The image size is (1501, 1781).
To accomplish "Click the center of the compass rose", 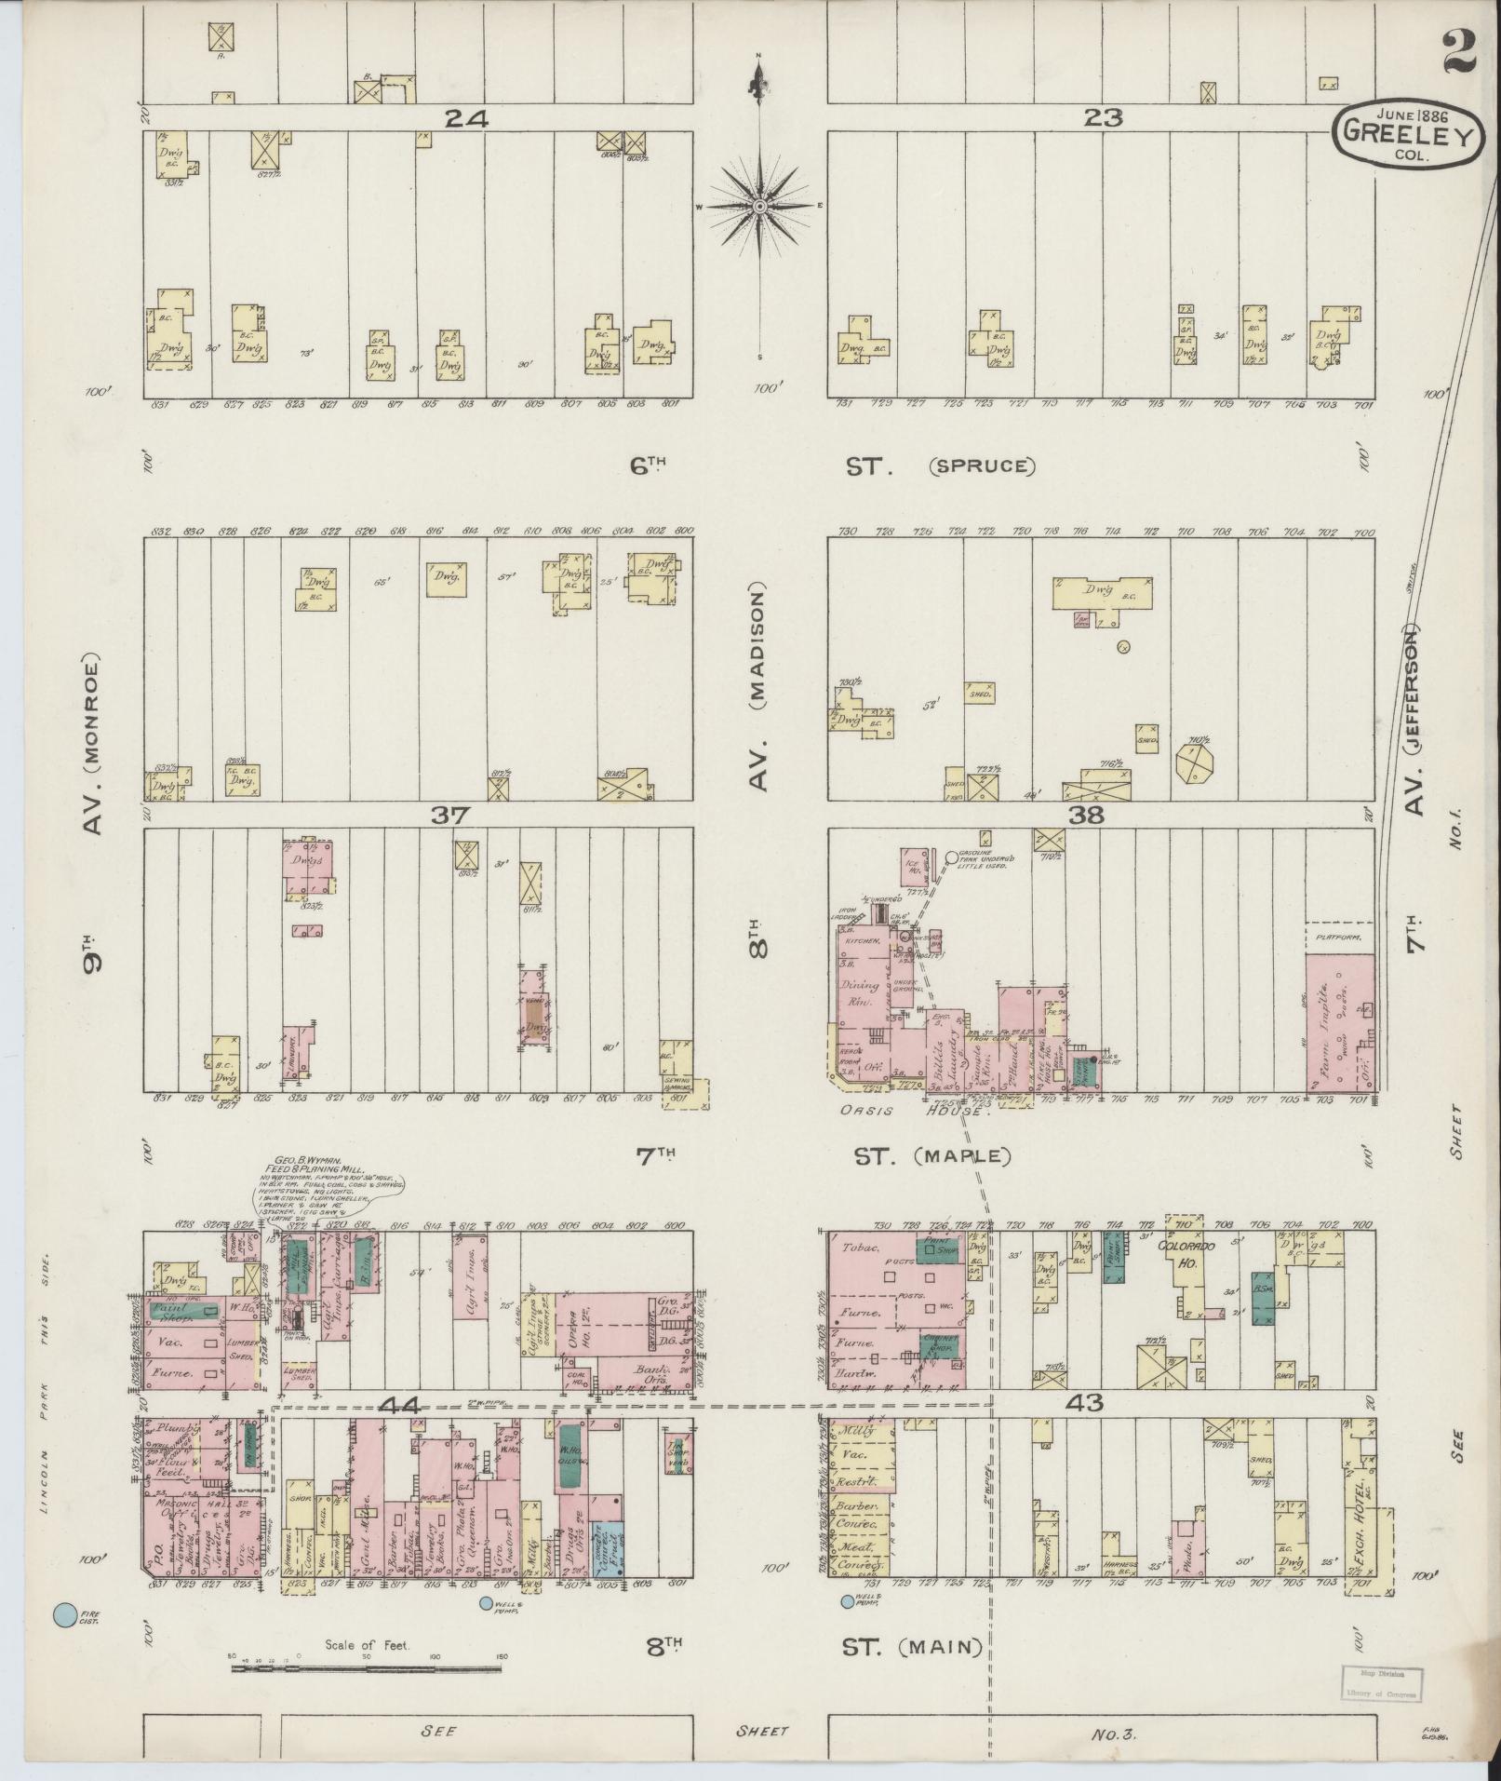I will click(758, 206).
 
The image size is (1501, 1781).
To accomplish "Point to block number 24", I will click(467, 118).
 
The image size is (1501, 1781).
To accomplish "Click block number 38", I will click(1087, 816).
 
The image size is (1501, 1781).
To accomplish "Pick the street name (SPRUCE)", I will click(981, 465).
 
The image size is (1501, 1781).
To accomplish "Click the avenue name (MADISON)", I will click(759, 688).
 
